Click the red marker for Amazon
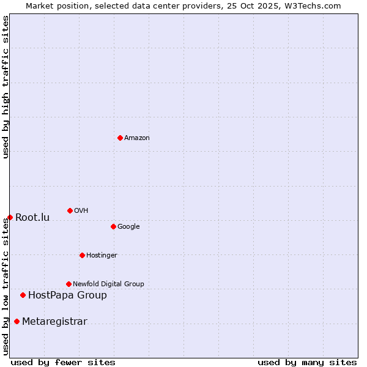(x=120, y=138)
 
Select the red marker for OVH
(x=70, y=210)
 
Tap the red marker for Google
(x=113, y=226)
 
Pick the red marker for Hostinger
(x=82, y=255)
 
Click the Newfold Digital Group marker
(x=69, y=284)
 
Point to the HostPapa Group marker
(x=23, y=295)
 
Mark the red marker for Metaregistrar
(x=17, y=321)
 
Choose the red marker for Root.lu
(x=10, y=217)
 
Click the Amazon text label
(x=137, y=138)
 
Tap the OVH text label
(x=81, y=210)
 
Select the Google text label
(x=128, y=226)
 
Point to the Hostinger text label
(x=102, y=255)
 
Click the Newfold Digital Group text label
(x=108, y=284)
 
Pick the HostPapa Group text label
(x=67, y=295)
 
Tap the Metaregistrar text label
(x=54, y=321)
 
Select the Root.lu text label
(x=32, y=217)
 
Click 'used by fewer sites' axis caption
(x=63, y=362)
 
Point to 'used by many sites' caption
(x=307, y=362)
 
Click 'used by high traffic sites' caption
(x=6, y=87)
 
